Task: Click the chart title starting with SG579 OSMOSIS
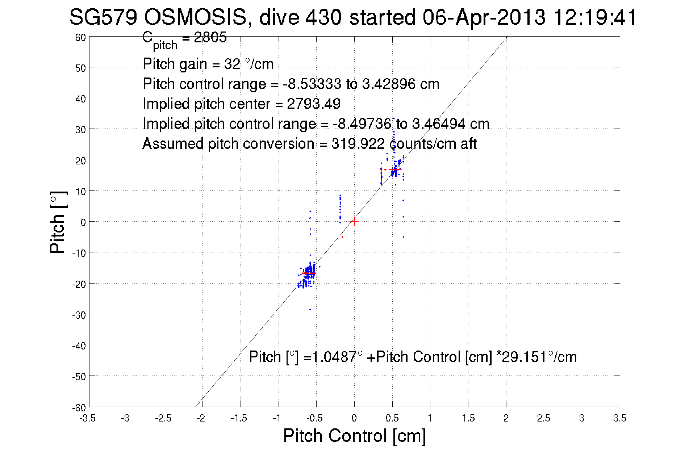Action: (x=353, y=17)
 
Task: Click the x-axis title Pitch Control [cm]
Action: (x=354, y=435)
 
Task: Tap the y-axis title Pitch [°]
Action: (x=58, y=222)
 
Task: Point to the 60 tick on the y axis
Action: (x=80, y=37)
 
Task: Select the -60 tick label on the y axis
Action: (x=79, y=408)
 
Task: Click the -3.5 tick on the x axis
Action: (x=88, y=418)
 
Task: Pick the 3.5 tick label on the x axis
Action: (x=619, y=418)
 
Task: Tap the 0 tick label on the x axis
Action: (x=354, y=418)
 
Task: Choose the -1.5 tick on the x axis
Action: (x=239, y=418)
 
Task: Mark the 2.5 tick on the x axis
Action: (x=543, y=418)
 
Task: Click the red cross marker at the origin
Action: (x=354, y=222)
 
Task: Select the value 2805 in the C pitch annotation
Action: (x=210, y=37)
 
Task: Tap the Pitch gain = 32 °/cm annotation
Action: (x=208, y=64)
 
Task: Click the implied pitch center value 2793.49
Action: (x=314, y=104)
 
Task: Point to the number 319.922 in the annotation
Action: (x=358, y=144)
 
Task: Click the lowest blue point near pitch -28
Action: (x=310, y=309)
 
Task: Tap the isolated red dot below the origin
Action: (x=342, y=237)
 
